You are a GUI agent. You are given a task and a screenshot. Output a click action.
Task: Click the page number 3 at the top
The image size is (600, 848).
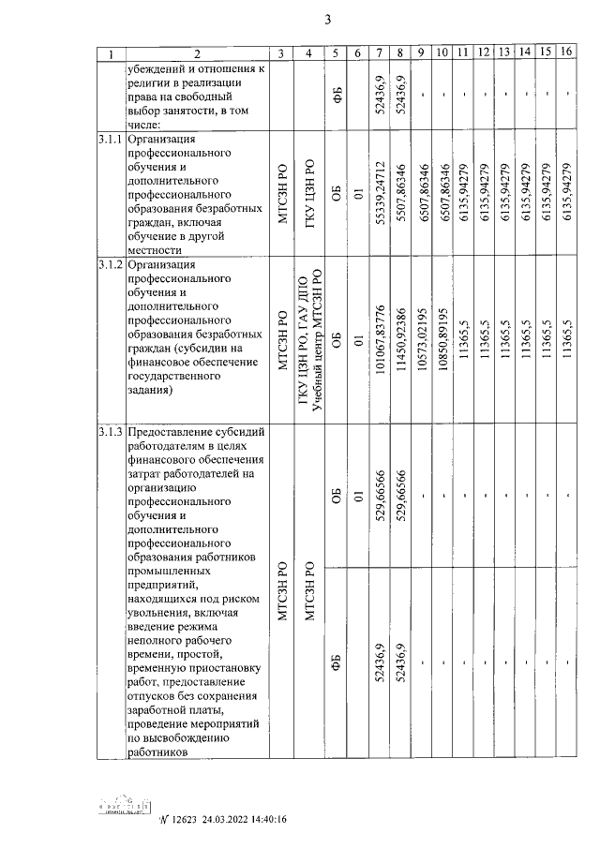328,19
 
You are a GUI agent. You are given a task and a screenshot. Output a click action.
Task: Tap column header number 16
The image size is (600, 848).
566,53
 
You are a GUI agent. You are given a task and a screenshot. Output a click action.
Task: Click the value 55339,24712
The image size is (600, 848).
380,192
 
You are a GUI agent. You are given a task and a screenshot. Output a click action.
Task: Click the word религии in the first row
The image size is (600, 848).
155,82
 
